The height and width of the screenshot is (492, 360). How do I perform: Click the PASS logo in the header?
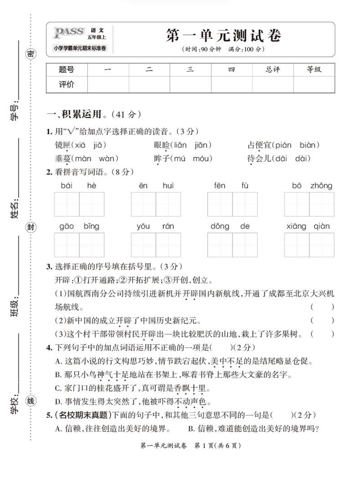(69, 32)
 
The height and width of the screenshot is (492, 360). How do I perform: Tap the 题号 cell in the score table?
(67, 70)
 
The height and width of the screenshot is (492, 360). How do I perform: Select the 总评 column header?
(273, 70)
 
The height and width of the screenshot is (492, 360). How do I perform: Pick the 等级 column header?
(314, 70)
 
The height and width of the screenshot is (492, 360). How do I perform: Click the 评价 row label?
(67, 84)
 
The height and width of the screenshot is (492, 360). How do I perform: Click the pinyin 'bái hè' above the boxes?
(78, 186)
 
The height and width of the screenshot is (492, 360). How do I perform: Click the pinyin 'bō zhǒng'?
(312, 186)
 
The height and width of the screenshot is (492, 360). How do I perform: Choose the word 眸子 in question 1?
(162, 159)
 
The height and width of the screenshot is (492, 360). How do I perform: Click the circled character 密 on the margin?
(31, 54)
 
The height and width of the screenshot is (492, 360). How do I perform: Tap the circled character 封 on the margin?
(31, 228)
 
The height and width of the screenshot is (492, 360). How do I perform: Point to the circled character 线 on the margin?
(31, 401)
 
